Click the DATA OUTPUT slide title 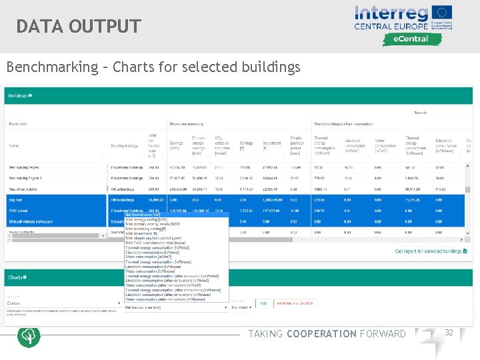click(79, 27)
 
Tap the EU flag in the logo click(441, 13)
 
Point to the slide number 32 click(449, 333)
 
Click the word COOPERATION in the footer click(321, 334)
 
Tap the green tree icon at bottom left click(29, 336)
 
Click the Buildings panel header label click(19, 95)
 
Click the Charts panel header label click(16, 277)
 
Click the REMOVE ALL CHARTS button click(296, 303)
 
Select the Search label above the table click(420, 113)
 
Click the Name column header click(14, 145)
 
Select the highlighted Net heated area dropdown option click(143, 215)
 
